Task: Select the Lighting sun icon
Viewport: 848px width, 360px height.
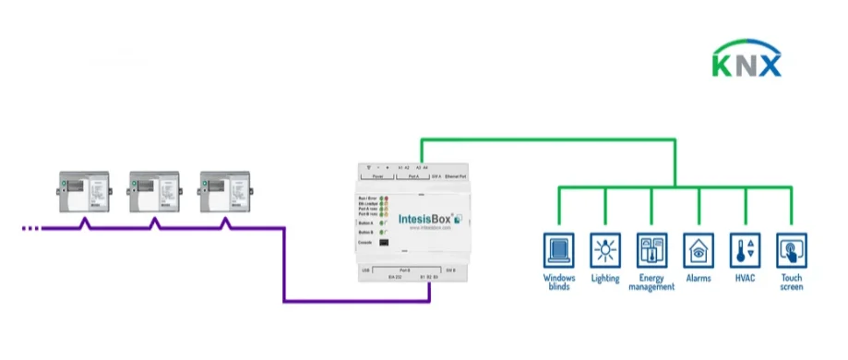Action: [x=605, y=249]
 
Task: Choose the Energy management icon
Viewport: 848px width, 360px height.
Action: [x=651, y=249]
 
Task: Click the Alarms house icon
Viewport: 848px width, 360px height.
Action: [x=698, y=249]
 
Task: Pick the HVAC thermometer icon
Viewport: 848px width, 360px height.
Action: [x=744, y=249]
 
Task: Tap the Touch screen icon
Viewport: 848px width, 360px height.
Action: [x=792, y=249]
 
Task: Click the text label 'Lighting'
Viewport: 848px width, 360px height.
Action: [x=605, y=279]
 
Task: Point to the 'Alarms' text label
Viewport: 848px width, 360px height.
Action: [x=698, y=278]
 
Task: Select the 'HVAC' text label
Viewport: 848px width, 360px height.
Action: [x=744, y=278]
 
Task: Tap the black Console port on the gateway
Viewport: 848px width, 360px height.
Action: [x=383, y=243]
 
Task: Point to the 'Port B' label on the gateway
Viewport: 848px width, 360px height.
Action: [x=426, y=269]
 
